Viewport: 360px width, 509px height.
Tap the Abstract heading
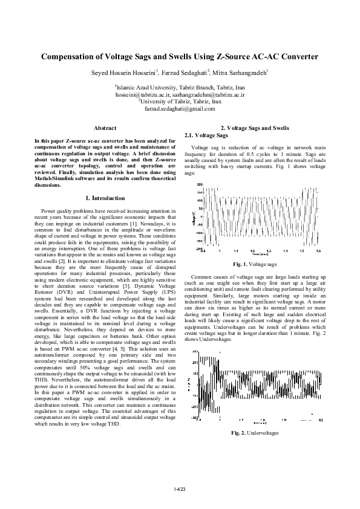click(105, 128)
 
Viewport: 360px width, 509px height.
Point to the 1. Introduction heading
click(105, 198)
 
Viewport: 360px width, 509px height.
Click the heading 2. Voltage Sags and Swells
click(255, 128)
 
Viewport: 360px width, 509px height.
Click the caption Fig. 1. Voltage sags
click(255, 264)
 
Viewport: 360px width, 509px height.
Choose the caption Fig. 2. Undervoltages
click(255, 433)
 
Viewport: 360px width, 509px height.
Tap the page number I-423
click(180, 488)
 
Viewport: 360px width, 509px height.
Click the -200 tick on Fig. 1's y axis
click(198, 248)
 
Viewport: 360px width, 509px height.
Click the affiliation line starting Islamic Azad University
click(180, 88)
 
